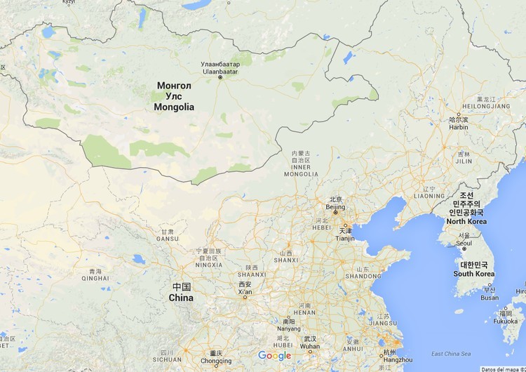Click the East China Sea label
(452, 354)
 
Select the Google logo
(274, 356)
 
